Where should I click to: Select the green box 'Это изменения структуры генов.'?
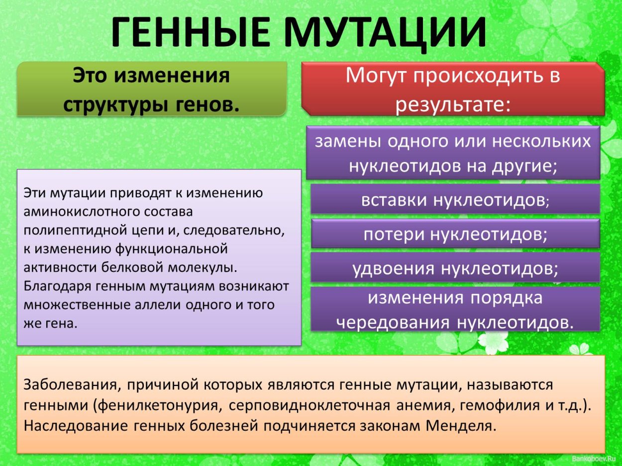click(x=152, y=89)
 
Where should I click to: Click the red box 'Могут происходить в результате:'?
click(x=453, y=89)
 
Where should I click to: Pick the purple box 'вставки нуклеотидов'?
click(x=455, y=200)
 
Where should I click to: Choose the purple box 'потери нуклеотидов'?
click(x=455, y=234)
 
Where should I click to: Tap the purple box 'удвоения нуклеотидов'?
click(x=455, y=268)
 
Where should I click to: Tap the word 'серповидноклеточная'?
click(x=310, y=405)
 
